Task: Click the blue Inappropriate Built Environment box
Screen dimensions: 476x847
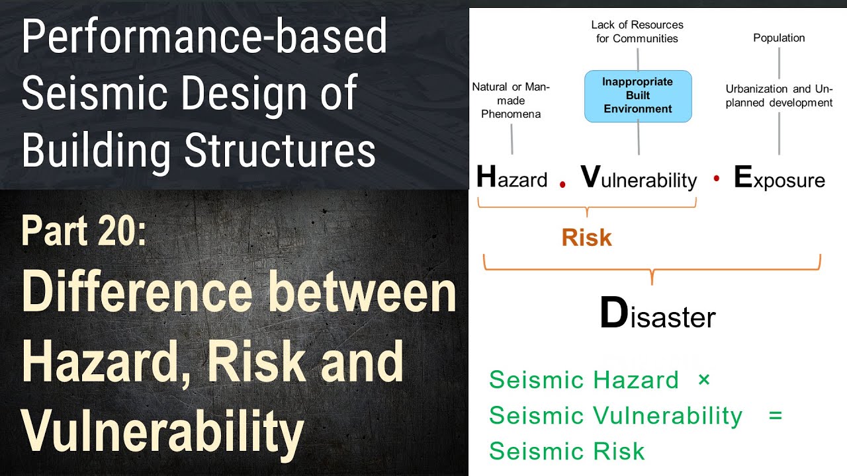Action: pyautogui.click(x=638, y=96)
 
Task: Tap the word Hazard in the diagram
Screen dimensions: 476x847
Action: pyautogui.click(x=512, y=178)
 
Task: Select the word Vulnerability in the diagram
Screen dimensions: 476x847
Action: pyautogui.click(x=639, y=178)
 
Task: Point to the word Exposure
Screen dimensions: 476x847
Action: pyautogui.click(x=780, y=178)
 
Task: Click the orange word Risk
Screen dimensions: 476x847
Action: pyautogui.click(x=586, y=238)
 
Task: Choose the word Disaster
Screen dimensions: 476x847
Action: pyautogui.click(x=658, y=315)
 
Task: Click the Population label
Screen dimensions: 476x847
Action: pyautogui.click(x=779, y=38)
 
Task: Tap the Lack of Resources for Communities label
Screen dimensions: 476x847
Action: pyautogui.click(x=637, y=32)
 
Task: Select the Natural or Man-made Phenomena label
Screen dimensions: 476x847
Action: pyautogui.click(x=511, y=100)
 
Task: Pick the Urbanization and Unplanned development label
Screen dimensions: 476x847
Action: pyautogui.click(x=779, y=96)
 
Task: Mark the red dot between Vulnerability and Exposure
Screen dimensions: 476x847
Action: pyautogui.click(x=716, y=178)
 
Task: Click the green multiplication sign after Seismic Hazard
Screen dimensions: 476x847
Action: pyautogui.click(x=703, y=380)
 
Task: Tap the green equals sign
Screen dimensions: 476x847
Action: pyautogui.click(x=776, y=416)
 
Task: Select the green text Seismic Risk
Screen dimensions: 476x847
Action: pyautogui.click(x=566, y=451)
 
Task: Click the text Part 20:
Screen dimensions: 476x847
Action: pyautogui.click(x=83, y=231)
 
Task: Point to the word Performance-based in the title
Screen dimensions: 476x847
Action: pyautogui.click(x=204, y=37)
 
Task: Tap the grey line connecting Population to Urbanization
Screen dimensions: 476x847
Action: pyautogui.click(x=779, y=61)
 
